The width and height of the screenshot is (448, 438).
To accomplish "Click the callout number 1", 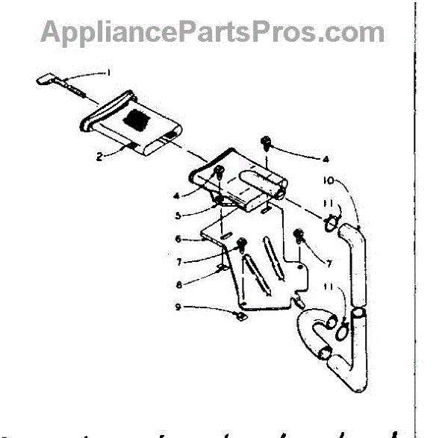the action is (x=109, y=73).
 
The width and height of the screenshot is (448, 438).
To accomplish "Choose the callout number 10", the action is (x=332, y=181).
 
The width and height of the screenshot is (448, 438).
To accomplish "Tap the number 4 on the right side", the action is (x=326, y=158).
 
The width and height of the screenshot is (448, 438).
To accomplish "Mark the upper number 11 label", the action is (x=330, y=204).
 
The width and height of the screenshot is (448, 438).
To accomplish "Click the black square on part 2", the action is (x=138, y=116).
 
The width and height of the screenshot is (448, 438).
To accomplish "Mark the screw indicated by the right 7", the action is (x=299, y=237).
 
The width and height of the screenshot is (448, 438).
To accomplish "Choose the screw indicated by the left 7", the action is (x=242, y=245).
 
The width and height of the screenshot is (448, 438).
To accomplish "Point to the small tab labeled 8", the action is (x=222, y=266).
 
